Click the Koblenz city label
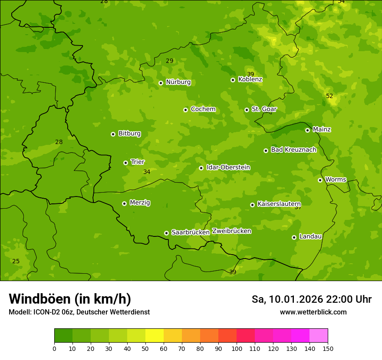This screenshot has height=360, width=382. (250, 79)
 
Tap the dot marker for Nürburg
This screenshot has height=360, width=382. (161, 83)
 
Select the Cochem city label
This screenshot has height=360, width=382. (203, 109)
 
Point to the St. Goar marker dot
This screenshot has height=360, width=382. (247, 110)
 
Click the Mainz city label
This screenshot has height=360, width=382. (322, 129)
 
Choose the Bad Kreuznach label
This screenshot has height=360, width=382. (293, 150)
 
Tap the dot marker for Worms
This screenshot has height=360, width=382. (320, 180)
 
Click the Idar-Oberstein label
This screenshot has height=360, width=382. (228, 167)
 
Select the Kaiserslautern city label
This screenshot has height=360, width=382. (279, 204)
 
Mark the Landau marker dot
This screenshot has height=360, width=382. (294, 237)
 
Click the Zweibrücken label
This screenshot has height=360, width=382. (231, 231)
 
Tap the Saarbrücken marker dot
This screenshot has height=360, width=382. (166, 233)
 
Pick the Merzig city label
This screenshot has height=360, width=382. (140, 203)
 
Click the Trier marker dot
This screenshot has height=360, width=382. (125, 163)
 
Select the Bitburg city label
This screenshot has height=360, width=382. (129, 134)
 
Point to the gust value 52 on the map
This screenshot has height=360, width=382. (329, 96)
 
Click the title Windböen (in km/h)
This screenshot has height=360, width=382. (70, 299)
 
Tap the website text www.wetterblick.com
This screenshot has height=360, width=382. (313, 312)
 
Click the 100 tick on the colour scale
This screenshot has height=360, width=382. (237, 348)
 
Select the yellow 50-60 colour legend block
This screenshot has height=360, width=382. (155, 336)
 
